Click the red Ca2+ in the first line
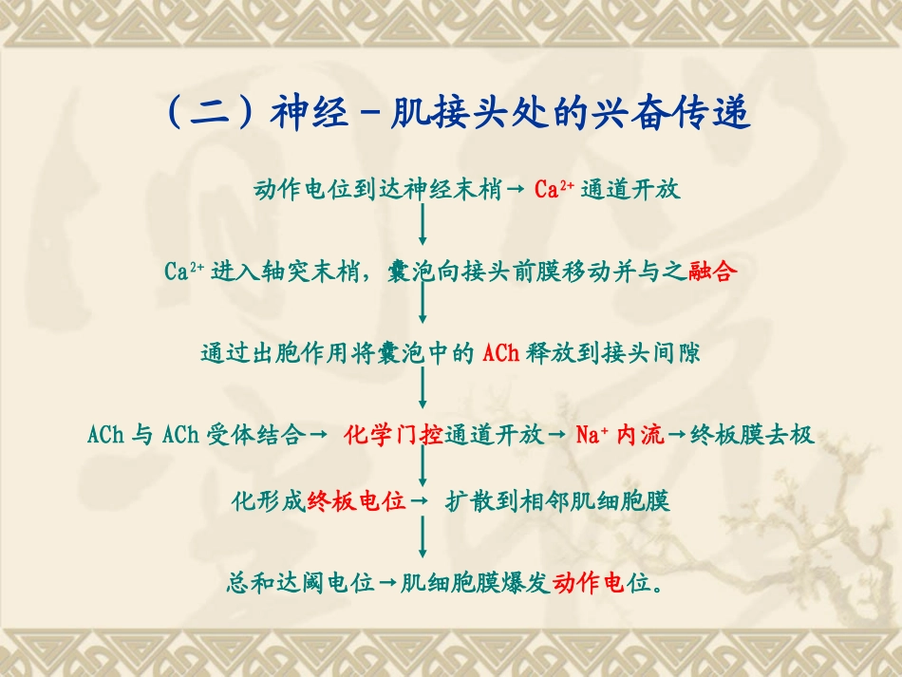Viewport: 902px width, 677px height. pyautogui.click(x=552, y=190)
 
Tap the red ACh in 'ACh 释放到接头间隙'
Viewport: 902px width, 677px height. pyautogui.click(x=500, y=354)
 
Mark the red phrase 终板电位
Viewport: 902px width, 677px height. pyautogui.click(x=356, y=500)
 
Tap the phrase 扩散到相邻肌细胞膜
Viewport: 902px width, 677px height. pyautogui.click(x=558, y=500)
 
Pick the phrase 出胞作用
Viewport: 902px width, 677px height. pyautogui.click(x=300, y=354)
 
